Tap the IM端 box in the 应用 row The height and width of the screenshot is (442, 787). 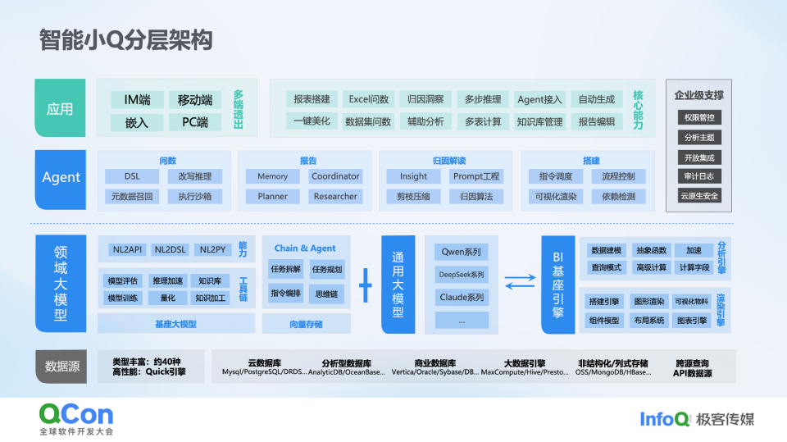pos(137,100)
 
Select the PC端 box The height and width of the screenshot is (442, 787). pos(194,122)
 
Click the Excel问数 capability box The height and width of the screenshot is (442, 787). pos(368,99)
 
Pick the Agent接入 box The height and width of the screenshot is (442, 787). pos(539,99)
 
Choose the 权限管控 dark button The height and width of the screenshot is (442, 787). pos(699,117)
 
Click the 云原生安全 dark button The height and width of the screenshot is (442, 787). pos(699,196)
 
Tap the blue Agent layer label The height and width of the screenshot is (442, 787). pos(61,178)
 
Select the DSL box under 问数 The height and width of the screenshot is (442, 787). pos(131,176)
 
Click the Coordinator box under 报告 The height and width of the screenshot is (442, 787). pos(335,176)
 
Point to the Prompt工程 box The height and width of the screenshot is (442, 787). pos(476,176)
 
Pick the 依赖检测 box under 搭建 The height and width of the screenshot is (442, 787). pos(618,197)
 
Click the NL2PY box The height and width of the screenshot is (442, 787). pos(213,249)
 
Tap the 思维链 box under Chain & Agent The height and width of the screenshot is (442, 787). pos(327,294)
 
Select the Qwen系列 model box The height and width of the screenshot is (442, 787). pos(461,252)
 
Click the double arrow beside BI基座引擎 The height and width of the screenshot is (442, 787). pos(519,284)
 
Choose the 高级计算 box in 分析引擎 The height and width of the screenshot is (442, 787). pos(651,267)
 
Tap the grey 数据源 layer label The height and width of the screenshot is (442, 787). pos(61,367)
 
